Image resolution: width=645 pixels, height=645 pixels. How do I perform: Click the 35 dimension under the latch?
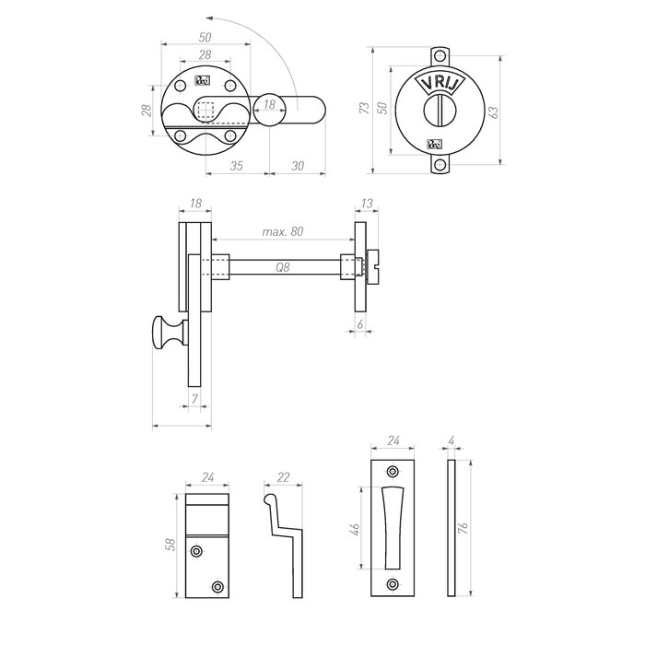point(236,167)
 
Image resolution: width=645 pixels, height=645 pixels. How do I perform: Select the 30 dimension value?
point(297,167)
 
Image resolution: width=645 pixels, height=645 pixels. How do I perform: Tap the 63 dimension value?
point(494,111)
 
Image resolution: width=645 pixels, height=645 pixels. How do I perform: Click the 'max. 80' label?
point(282,232)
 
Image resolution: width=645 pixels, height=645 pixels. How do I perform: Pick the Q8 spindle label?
point(284,267)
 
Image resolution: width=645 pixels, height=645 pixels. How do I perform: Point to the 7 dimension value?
point(193,398)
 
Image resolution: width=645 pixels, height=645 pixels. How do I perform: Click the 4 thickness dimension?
point(451,440)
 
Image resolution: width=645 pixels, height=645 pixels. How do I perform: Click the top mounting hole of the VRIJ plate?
point(440,55)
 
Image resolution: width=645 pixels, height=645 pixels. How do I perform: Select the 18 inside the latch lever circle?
point(268,107)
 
